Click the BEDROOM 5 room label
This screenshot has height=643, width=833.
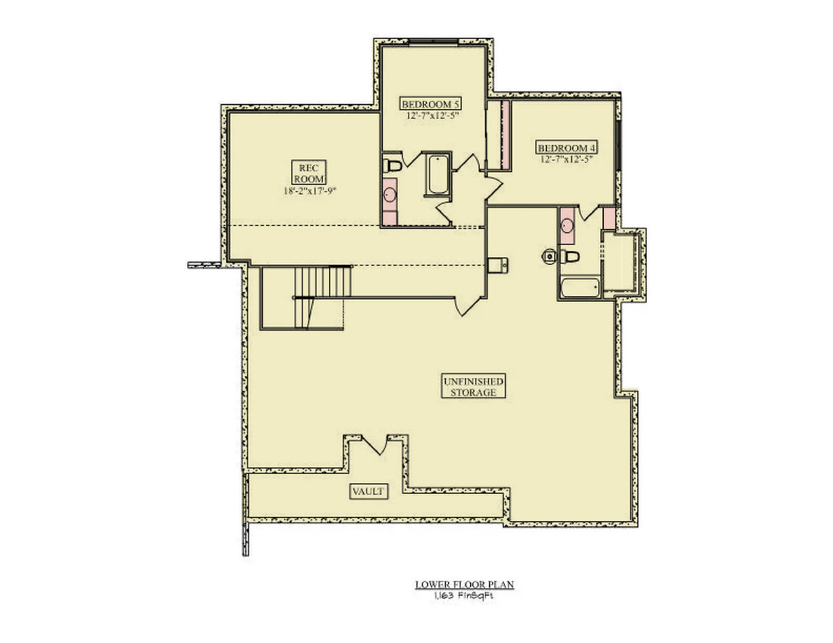[x=430, y=104]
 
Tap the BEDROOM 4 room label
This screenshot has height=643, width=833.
[x=566, y=148]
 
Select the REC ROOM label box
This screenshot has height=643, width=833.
[x=309, y=173]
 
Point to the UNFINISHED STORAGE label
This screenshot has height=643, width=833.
[x=473, y=386]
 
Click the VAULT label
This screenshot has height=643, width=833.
[x=369, y=491]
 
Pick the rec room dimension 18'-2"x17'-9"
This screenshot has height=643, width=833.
[x=310, y=191]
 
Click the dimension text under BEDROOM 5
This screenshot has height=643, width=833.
[x=432, y=115]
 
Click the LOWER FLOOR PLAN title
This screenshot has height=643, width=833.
[x=464, y=585]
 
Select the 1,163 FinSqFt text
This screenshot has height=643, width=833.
[x=464, y=596]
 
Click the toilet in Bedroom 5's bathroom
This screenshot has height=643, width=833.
[x=392, y=166]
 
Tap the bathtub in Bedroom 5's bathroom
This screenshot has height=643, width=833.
[x=438, y=174]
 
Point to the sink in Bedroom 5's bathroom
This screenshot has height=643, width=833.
[x=390, y=194]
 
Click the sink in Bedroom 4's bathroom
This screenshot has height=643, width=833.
[x=567, y=226]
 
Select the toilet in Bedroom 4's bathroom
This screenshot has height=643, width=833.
[x=570, y=256]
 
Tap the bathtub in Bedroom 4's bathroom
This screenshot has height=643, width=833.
[x=580, y=288]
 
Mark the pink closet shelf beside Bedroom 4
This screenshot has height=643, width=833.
[x=505, y=135]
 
